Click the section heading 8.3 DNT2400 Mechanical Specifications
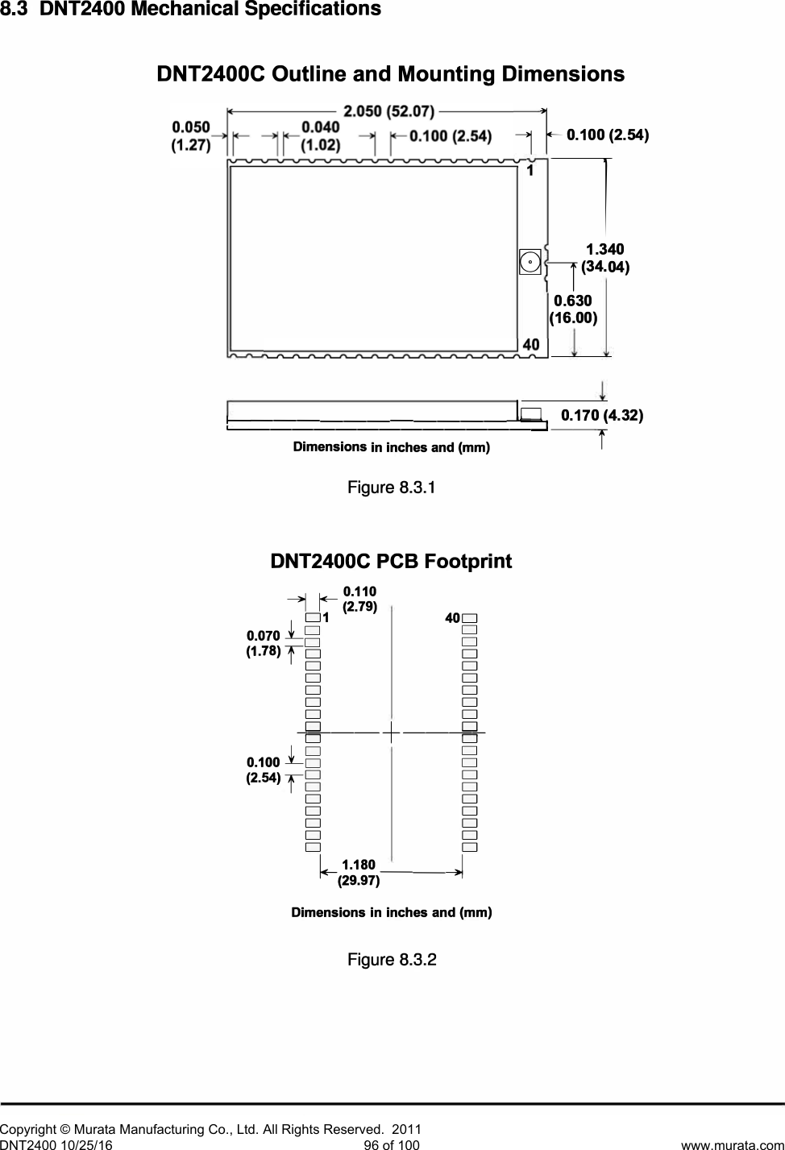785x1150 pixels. coord(190,10)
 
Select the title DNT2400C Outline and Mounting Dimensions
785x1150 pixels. coord(390,75)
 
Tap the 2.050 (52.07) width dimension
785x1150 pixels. coord(389,110)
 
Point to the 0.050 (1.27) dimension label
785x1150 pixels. coord(191,136)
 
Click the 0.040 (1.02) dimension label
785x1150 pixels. coord(320,136)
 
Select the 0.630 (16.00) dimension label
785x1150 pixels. coord(573,309)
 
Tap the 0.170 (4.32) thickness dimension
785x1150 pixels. coord(601,416)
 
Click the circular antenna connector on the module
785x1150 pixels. coord(530,261)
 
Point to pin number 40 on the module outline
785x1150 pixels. coord(530,344)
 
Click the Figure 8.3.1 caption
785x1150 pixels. coord(392,488)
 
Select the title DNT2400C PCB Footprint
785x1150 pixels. coord(392,561)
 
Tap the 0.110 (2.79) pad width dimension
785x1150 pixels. coord(359,600)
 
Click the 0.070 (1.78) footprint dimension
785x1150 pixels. coord(263,644)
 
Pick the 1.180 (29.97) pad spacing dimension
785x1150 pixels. coord(358,873)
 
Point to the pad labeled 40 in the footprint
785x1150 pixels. coord(470,618)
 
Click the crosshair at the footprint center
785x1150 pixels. coord(391,733)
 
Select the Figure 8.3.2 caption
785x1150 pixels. coord(392,960)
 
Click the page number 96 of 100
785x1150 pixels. coord(392,1144)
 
